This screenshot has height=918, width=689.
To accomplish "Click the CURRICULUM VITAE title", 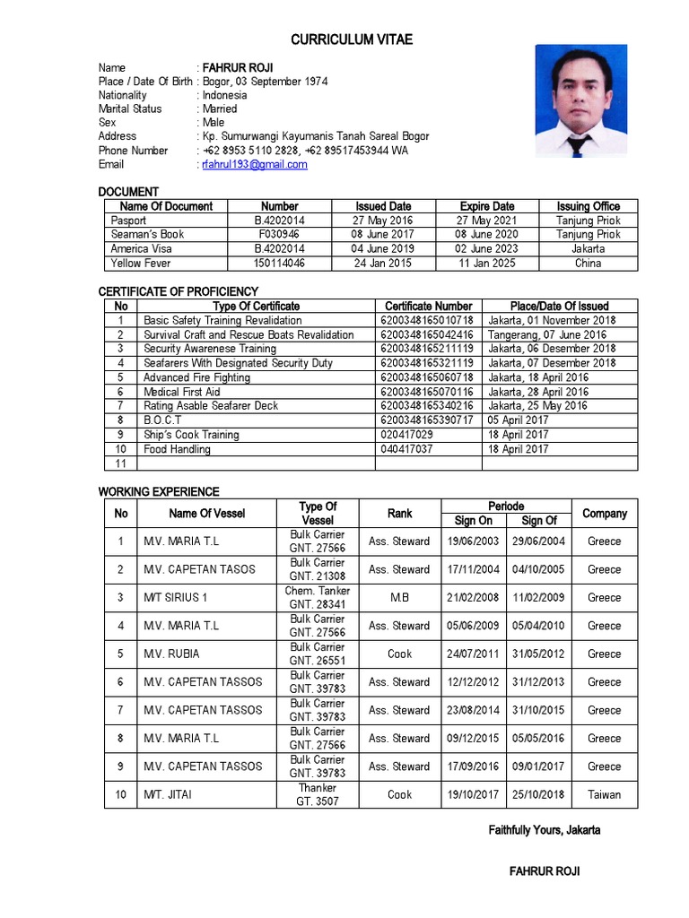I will pyautogui.click(x=352, y=40).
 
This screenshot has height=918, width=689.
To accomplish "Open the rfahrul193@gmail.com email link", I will pyautogui.click(x=255, y=165).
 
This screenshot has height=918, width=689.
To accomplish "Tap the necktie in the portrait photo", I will pyautogui.click(x=579, y=143).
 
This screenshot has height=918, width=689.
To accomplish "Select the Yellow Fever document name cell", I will pyautogui.click(x=140, y=264).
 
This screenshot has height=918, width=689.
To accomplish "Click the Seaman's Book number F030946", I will pyautogui.click(x=279, y=235).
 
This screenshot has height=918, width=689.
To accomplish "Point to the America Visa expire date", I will pyautogui.click(x=486, y=249).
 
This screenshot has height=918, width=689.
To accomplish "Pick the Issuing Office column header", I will pyautogui.click(x=588, y=206).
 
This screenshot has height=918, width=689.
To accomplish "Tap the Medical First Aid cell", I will pyautogui.click(x=182, y=392).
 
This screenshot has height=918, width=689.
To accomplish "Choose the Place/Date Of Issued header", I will pyautogui.click(x=560, y=307).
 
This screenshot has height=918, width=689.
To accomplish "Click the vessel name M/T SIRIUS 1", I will pyautogui.click(x=176, y=598).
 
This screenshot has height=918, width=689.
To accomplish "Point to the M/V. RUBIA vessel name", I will pyautogui.click(x=171, y=654).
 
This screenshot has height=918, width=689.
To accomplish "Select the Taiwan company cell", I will pyautogui.click(x=604, y=795).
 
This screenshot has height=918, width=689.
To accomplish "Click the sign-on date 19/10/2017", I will pyautogui.click(x=473, y=795).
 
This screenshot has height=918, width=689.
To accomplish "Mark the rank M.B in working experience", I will pyautogui.click(x=399, y=598).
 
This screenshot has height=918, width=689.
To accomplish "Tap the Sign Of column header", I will pyautogui.click(x=538, y=521).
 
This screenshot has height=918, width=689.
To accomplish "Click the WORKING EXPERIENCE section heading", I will pyautogui.click(x=159, y=491).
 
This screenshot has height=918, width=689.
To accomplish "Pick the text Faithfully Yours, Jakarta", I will pyautogui.click(x=545, y=830).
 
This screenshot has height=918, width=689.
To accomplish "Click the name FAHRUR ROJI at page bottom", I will pyautogui.click(x=545, y=871).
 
